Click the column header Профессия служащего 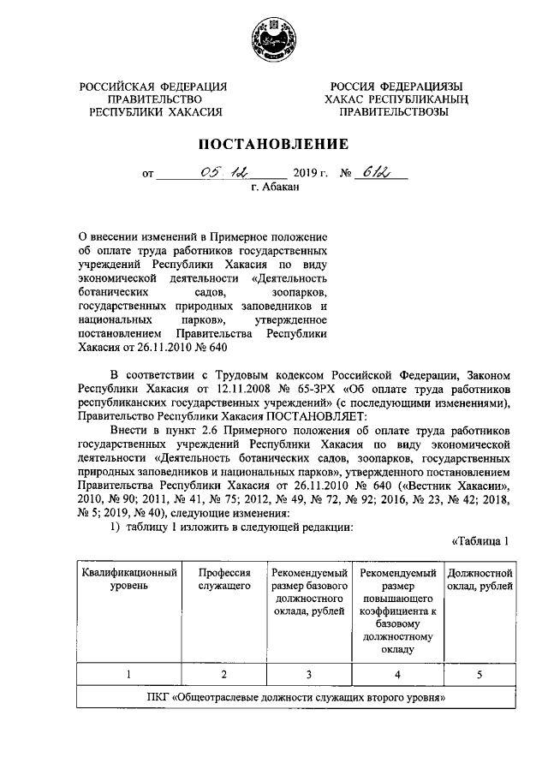(x=224, y=579)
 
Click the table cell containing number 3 (x=308, y=674)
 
